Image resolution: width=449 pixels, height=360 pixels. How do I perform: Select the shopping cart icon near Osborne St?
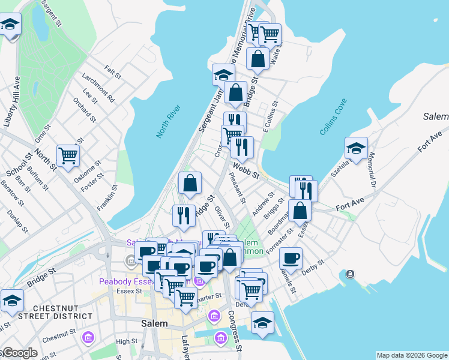68,156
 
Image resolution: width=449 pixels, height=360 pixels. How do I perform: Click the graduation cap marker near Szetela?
356,148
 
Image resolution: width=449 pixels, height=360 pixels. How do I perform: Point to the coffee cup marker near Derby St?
291,257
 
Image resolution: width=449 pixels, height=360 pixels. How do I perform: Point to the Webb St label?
246,171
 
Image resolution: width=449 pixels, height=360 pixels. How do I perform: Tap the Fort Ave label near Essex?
350,206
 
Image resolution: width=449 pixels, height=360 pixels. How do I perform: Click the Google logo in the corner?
19,353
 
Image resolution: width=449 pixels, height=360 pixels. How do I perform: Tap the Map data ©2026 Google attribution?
412,355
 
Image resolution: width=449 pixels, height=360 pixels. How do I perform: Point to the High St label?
127,341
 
